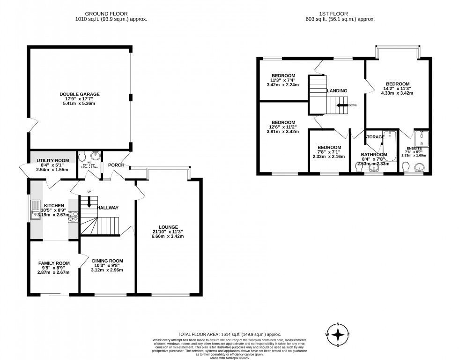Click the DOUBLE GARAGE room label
click(80, 94)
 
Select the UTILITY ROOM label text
click(52, 160)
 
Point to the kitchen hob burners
click(73, 216)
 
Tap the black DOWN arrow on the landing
click(341, 105)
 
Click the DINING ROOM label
click(107, 261)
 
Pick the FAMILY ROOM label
click(54, 263)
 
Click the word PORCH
click(116, 165)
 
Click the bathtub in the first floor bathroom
click(390, 146)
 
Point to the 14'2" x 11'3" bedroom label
click(397, 84)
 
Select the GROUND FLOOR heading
click(111, 14)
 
